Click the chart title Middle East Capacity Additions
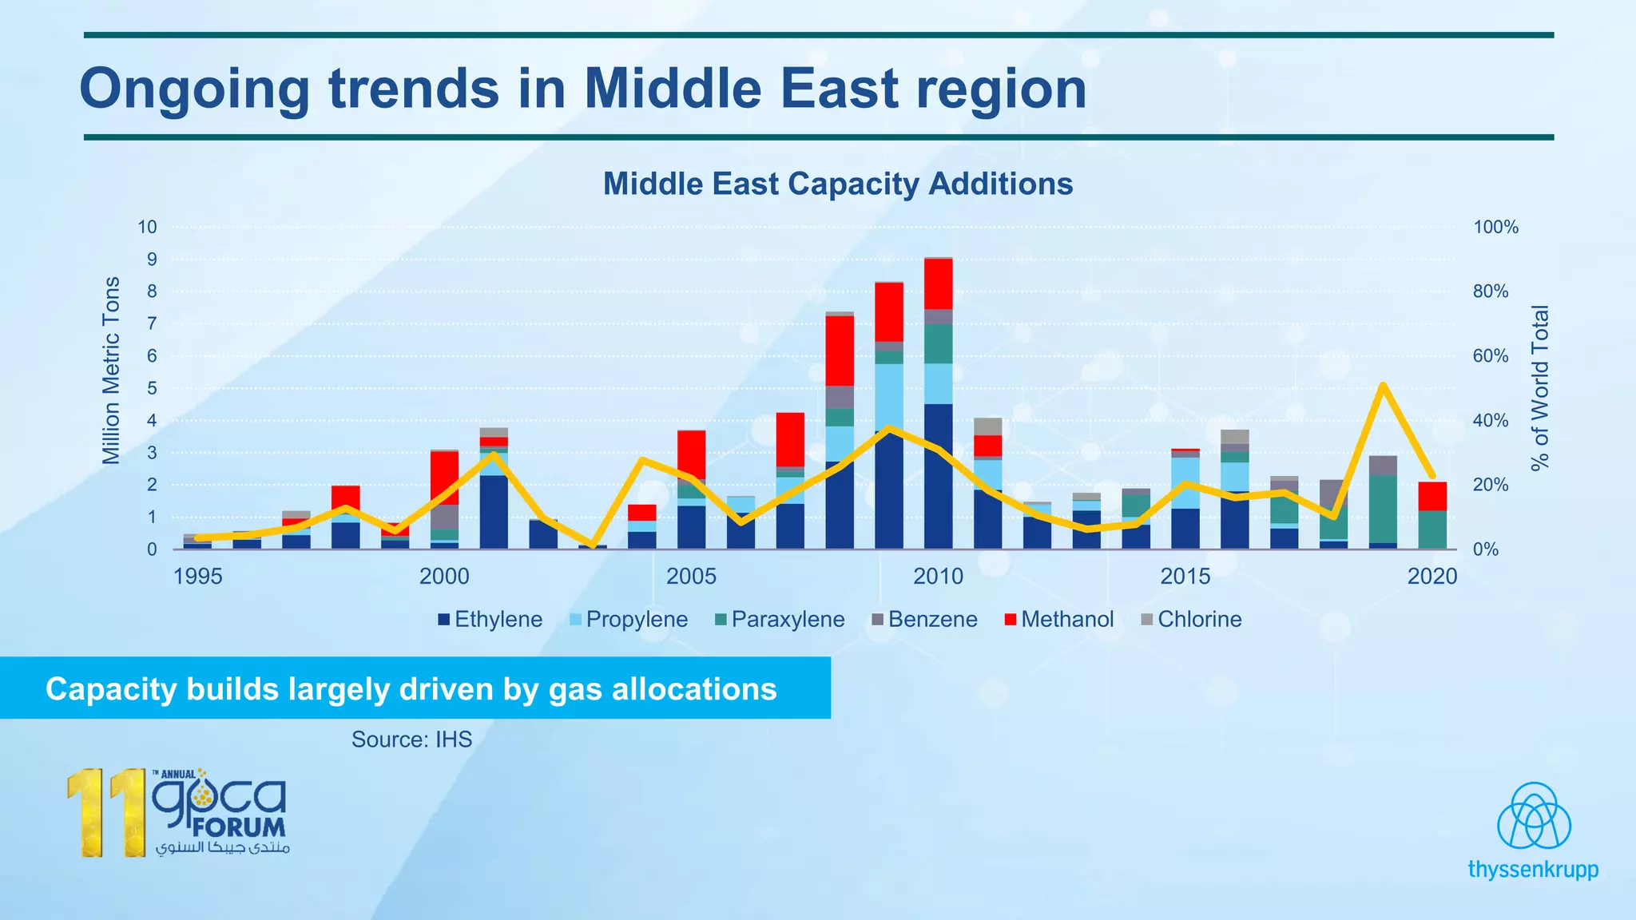coord(837,184)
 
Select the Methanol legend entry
coord(1066,620)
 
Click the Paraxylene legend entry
coord(787,620)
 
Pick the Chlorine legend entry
coord(1198,620)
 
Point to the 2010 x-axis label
coord(938,577)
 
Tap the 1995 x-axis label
coord(197,577)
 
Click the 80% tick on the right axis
coord(1490,291)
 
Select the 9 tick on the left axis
coord(151,260)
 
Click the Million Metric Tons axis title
coord(111,371)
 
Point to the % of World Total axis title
coord(1539,387)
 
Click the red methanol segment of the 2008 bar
coord(840,350)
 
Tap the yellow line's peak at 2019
coord(1382,386)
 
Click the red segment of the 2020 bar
coord(1432,496)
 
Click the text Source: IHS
coord(411,740)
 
